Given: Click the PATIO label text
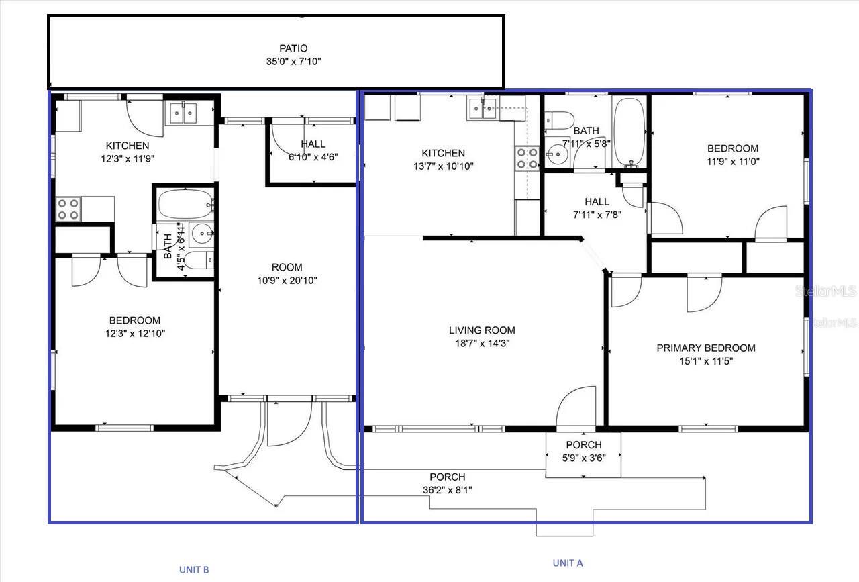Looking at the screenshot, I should (x=293, y=48).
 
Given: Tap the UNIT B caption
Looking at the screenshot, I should (x=194, y=569).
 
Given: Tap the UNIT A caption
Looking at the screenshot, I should (x=567, y=563).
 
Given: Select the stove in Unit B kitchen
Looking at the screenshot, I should (x=68, y=209).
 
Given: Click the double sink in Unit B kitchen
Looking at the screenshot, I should (x=182, y=113).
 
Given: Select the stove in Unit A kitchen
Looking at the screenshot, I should (x=527, y=158).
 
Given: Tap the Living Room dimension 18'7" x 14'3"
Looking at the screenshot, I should (x=482, y=343).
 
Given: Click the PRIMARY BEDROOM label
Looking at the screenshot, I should (x=705, y=348).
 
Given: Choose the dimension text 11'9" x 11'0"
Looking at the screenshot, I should (x=733, y=161).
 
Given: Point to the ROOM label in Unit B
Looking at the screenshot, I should (x=287, y=267).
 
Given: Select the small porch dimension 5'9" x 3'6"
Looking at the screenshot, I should (x=583, y=458).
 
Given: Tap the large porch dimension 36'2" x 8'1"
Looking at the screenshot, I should (x=447, y=490).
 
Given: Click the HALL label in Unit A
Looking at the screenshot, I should (x=597, y=201).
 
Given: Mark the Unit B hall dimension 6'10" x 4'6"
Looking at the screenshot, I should (x=313, y=157).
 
